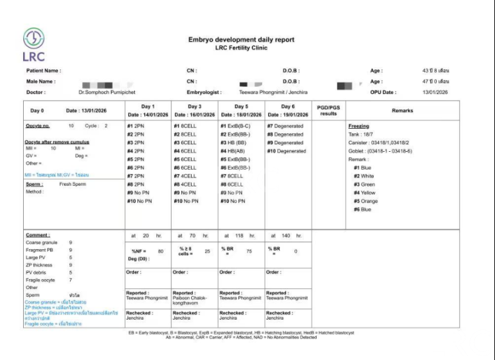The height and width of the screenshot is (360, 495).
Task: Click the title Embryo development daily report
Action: coord(241,40)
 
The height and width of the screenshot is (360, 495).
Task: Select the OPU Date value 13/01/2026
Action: coord(435,92)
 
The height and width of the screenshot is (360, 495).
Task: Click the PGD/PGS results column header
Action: coord(328,110)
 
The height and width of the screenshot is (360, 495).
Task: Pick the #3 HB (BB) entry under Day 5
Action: coord(235,143)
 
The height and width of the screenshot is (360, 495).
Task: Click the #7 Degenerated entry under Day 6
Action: coord(285,126)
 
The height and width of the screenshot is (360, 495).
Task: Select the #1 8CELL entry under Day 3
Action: coord(188,126)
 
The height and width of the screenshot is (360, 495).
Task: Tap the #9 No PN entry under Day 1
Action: coord(140,193)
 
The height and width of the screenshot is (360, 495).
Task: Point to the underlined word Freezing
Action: coord(358,126)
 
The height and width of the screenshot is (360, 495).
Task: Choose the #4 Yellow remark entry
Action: coord(364,193)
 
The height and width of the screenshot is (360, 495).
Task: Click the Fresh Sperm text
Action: coord(72,184)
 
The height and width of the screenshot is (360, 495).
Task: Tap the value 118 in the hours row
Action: coord(239,236)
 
